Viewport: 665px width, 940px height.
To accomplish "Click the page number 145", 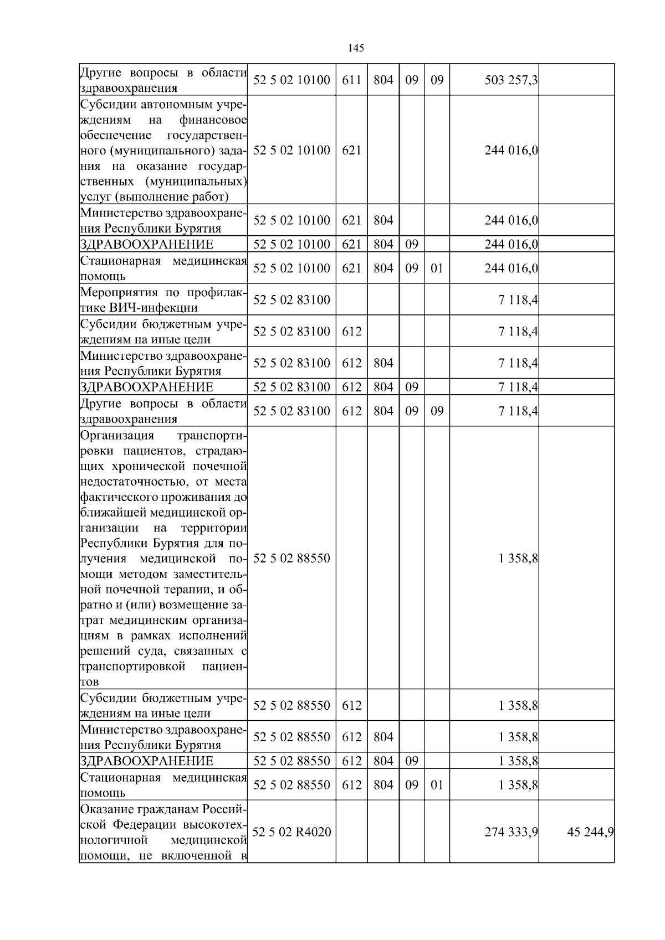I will (x=356, y=48).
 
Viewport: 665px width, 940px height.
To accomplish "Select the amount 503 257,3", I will (x=510, y=80).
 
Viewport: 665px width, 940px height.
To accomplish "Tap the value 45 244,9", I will (x=590, y=832).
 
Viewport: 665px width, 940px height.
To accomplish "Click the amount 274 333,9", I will (x=510, y=832).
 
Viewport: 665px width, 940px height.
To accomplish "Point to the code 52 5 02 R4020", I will (x=291, y=832).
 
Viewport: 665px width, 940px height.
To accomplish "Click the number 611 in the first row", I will (x=351, y=80).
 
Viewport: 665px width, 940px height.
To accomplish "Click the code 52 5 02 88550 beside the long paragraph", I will (x=291, y=558).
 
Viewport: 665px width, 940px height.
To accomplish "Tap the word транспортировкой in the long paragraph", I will (x=133, y=667).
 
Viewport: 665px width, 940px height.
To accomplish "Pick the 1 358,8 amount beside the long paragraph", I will (x=518, y=558).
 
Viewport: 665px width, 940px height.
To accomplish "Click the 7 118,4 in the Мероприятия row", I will (x=518, y=300).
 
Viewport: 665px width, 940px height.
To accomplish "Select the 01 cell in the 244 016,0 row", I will (x=437, y=268).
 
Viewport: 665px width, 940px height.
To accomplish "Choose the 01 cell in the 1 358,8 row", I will (x=437, y=785).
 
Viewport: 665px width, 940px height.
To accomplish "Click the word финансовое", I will (x=213, y=120).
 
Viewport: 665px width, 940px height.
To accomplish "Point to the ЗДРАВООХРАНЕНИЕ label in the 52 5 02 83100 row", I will (x=146, y=387).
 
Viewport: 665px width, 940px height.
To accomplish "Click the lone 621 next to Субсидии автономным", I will (x=351, y=150).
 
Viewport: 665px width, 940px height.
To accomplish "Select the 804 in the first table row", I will (x=383, y=80).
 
